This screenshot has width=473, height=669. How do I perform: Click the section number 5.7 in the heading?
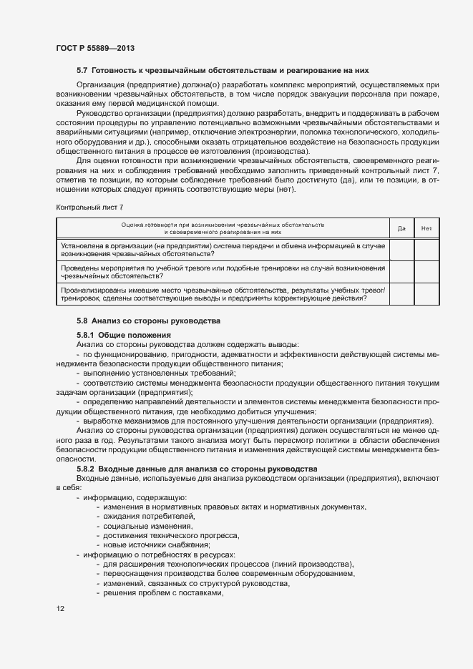(x=82, y=71)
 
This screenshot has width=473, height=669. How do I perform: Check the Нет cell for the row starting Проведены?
(x=426, y=271)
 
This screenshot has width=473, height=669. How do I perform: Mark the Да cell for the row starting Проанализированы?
(x=401, y=293)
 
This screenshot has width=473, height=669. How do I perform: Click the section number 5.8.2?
(x=87, y=469)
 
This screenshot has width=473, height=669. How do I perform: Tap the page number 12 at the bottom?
(x=61, y=609)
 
